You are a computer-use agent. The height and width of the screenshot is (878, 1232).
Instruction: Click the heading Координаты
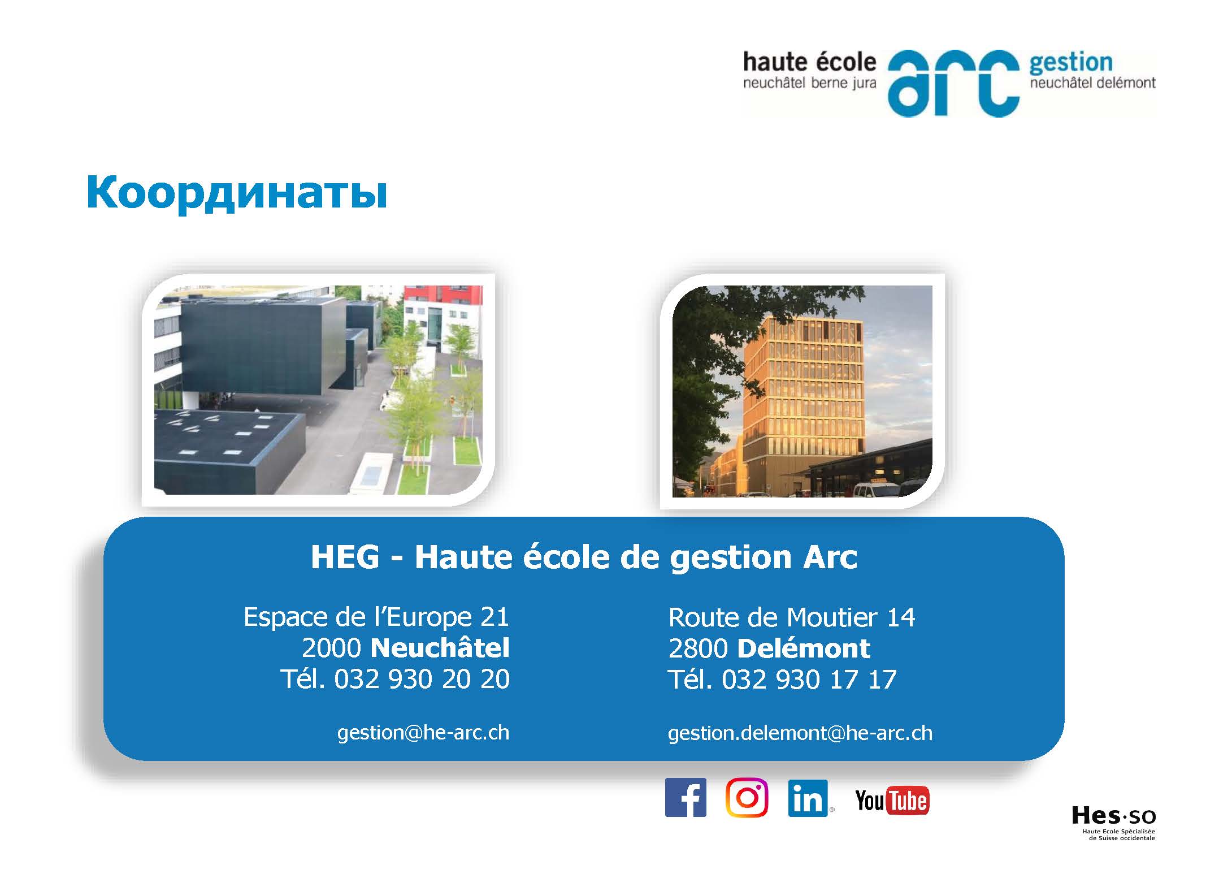pos(237,194)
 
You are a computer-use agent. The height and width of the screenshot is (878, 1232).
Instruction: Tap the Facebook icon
pos(686,797)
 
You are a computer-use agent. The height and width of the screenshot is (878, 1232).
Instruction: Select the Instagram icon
pos(747,797)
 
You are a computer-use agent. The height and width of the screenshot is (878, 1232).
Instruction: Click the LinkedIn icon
pos(808,798)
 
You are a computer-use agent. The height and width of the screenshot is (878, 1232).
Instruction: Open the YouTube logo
pos(892,801)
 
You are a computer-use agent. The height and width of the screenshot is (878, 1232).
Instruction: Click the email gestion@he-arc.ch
pos(423,733)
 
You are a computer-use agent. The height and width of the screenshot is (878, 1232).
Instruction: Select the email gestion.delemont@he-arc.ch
pos(800,733)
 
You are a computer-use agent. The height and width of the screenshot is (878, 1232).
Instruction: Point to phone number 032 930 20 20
pos(422,679)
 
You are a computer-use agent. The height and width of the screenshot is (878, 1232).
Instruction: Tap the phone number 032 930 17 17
pos(809,680)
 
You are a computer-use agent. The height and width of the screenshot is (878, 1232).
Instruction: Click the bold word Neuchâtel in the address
pos(440,648)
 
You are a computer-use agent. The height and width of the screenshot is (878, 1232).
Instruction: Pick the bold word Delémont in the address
pos(804,648)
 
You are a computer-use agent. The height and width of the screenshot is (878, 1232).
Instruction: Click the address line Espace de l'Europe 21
pos(376,617)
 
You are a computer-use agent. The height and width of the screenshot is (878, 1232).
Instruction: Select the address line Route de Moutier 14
pos(791,617)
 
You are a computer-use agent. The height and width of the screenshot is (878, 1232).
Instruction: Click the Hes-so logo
pos(1113,823)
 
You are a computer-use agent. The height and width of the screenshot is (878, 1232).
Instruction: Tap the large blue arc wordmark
pos(953,83)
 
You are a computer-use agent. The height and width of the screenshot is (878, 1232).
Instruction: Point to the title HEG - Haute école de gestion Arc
pos(584,557)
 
